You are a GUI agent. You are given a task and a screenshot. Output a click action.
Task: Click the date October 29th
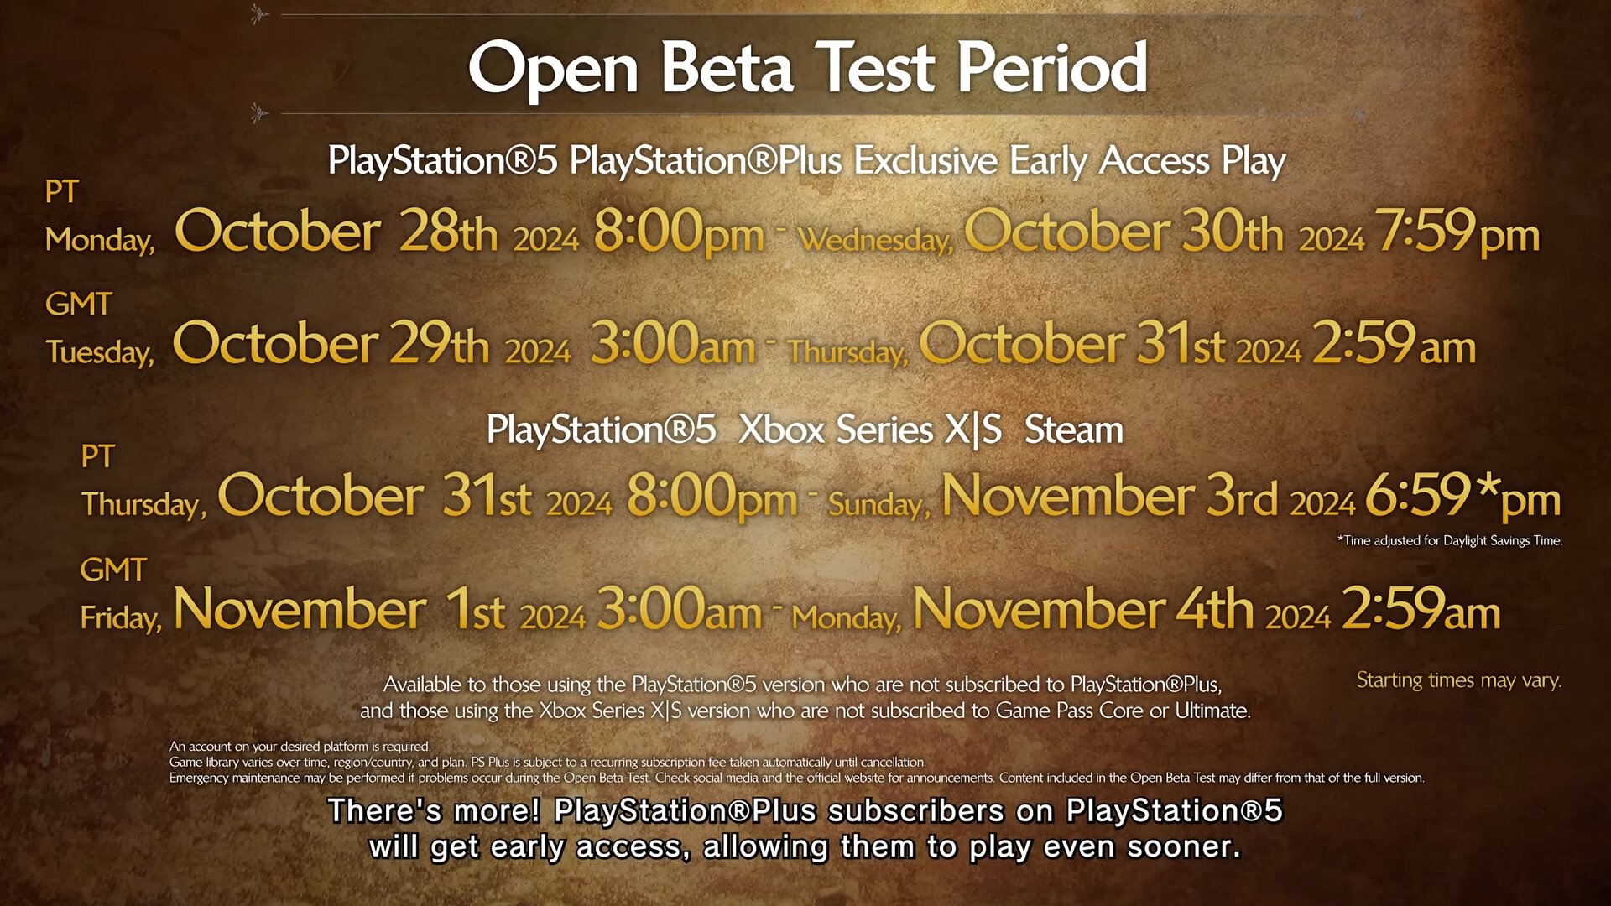point(331,343)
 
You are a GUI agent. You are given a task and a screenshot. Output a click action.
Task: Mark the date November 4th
point(1083,608)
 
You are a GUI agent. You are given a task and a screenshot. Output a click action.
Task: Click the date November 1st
point(339,608)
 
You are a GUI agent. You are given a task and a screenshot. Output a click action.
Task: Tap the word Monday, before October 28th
point(100,241)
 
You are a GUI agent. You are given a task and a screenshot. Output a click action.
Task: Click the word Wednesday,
point(876,241)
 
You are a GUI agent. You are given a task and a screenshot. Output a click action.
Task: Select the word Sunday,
point(879,505)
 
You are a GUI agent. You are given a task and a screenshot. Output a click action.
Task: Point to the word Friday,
point(121,618)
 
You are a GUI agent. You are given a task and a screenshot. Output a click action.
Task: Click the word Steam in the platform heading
point(1074,430)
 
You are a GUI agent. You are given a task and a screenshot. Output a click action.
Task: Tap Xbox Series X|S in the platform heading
point(870,430)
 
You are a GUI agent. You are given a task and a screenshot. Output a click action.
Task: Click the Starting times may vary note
point(1459,680)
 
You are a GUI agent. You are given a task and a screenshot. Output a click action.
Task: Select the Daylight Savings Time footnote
point(1450,541)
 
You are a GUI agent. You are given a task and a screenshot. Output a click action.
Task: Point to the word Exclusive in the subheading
point(925,160)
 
